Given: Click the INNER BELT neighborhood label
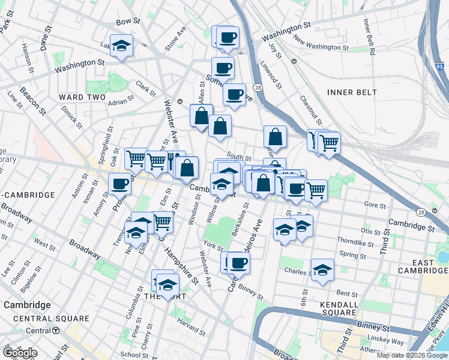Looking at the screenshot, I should [352, 92].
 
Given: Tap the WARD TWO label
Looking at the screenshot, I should [82, 97].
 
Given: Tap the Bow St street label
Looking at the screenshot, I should [127, 22].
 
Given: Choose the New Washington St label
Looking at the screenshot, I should [321, 43].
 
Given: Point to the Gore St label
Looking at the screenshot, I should [375, 206].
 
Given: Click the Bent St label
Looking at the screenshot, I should [347, 293].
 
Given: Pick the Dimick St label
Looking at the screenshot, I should [71, 113].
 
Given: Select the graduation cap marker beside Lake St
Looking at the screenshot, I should [122, 46].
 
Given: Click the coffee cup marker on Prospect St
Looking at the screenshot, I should [121, 183].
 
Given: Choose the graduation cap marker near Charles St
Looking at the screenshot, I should [322, 269].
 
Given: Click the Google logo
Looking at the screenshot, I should [20, 353].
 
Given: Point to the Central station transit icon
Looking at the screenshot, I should [55, 331].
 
